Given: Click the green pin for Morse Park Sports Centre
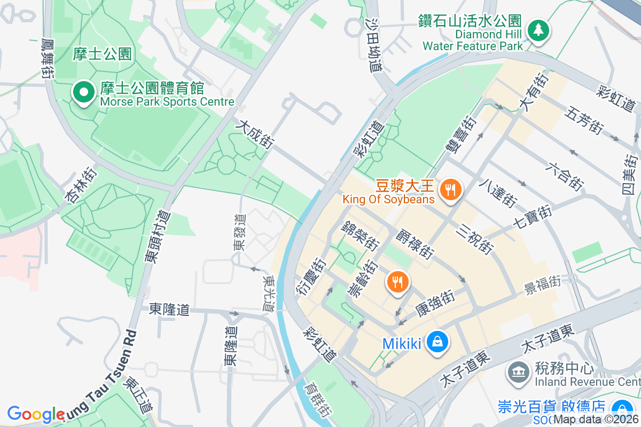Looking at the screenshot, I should coord(83,93).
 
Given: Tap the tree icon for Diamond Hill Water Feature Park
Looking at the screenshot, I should coord(538,31).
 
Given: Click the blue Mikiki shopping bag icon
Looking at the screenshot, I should coord(437,342).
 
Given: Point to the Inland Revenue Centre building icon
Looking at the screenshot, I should coord(517,373).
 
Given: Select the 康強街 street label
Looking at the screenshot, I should coord(434,302).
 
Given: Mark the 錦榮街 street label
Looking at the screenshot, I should coord(361,235).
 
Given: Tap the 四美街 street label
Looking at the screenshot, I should coord(631,174).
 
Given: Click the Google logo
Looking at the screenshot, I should coord(36,414).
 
